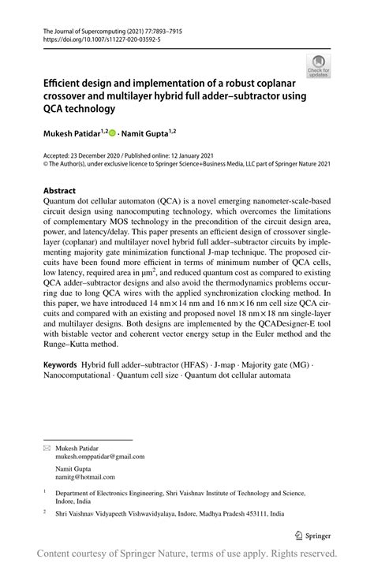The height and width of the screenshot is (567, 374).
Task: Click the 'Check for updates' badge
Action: pos(320,66)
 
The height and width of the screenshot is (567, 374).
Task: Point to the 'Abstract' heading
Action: pos(59,191)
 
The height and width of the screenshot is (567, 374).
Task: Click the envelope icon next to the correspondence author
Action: pos(46,446)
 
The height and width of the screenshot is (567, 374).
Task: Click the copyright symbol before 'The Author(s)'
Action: pos(45,165)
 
